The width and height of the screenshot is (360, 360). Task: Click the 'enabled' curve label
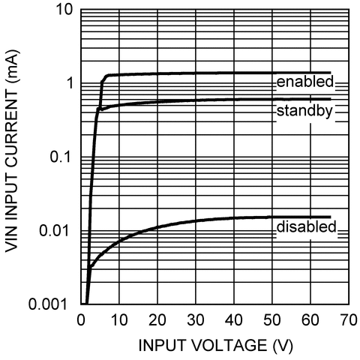pos(304,81)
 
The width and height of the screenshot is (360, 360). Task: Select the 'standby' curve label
pos(304,112)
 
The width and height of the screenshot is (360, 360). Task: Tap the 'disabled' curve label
pos(305,226)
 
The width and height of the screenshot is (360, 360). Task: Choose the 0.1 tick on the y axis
pos(60,157)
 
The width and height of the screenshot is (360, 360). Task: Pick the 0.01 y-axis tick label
pos(55,231)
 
